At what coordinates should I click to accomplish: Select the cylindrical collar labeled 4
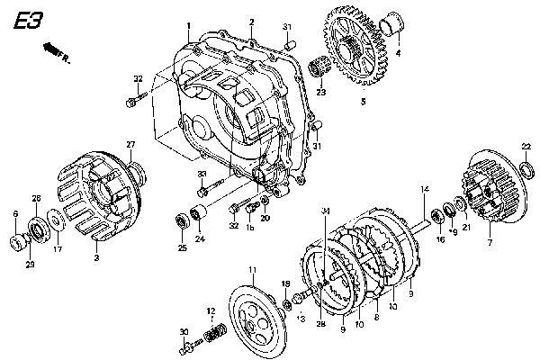[392, 22]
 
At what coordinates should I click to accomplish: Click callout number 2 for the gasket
[252, 21]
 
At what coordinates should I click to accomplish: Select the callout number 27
[130, 145]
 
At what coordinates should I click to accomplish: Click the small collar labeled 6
[16, 241]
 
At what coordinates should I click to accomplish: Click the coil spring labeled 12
[214, 335]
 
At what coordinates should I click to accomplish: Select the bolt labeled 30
[190, 344]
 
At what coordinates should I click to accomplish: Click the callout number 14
[424, 188]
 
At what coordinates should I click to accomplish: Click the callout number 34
[325, 211]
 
